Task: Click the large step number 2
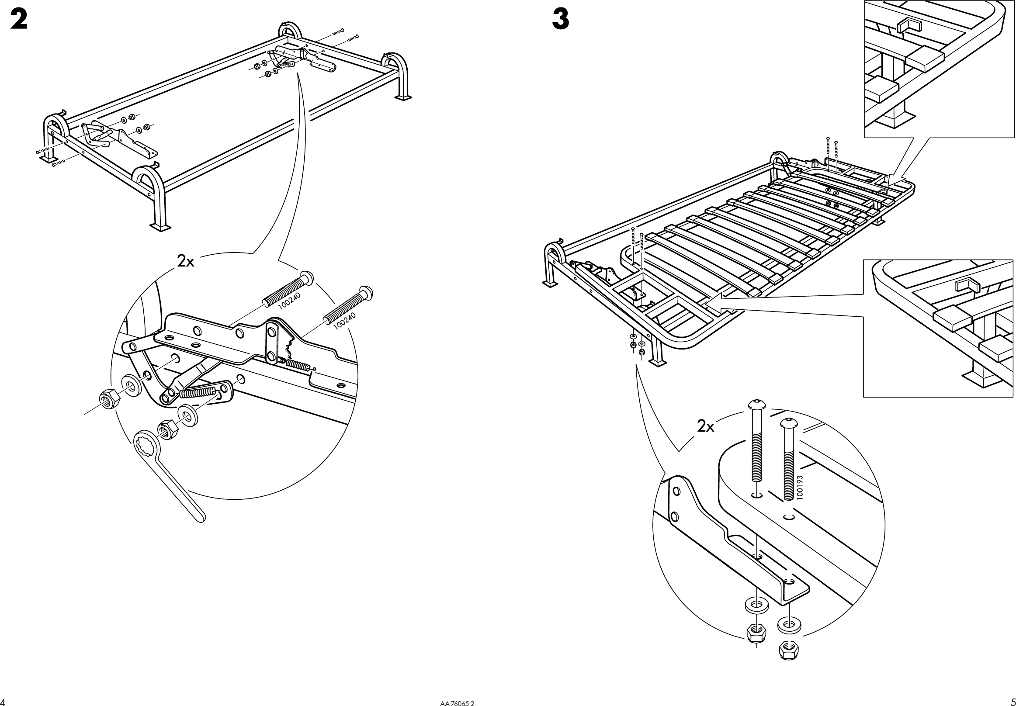click(x=19, y=20)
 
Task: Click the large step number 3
click(x=560, y=20)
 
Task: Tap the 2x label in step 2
click(x=186, y=261)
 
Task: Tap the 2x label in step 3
click(x=705, y=426)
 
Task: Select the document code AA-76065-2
click(x=458, y=702)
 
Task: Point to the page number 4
click(x=3, y=702)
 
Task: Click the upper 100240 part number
click(x=290, y=301)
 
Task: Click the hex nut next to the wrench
click(x=166, y=429)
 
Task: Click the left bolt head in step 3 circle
click(x=756, y=405)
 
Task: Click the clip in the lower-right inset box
click(x=967, y=285)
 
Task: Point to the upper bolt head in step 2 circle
click(x=307, y=277)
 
